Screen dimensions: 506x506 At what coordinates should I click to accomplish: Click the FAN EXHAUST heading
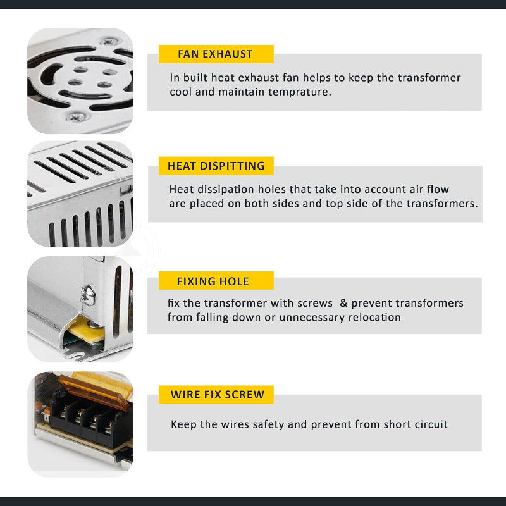coord(216,54)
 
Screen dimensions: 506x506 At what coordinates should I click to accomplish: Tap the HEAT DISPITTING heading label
coord(216,166)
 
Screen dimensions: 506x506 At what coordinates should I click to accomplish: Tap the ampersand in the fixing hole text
coord(343,303)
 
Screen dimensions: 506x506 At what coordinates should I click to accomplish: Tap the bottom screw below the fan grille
coord(77,116)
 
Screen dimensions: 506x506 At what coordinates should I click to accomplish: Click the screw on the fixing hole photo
coord(88,295)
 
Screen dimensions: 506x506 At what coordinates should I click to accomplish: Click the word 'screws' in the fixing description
coord(314,304)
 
